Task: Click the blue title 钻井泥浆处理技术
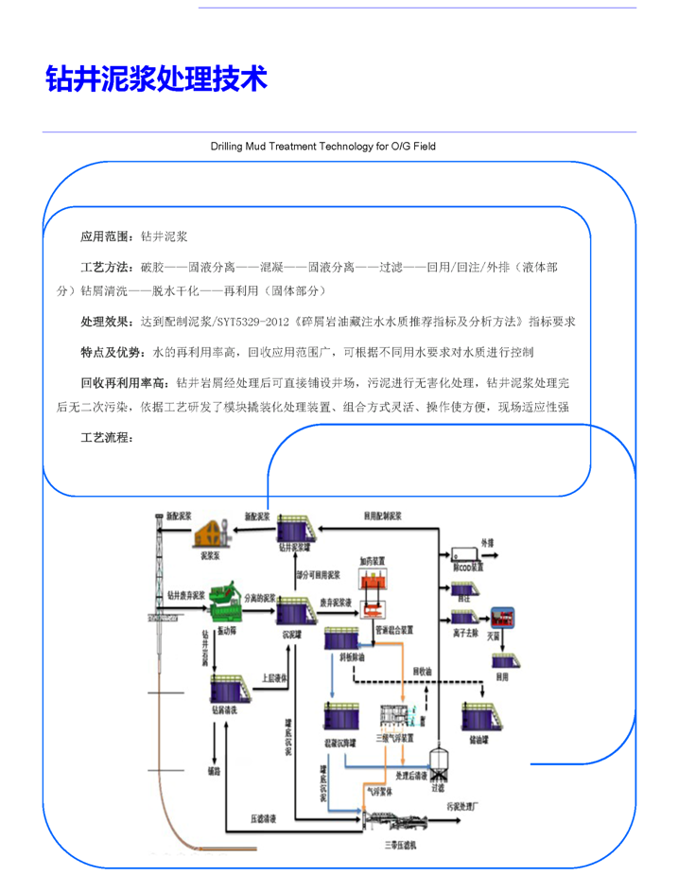157,79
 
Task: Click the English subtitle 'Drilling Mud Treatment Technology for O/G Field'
322,147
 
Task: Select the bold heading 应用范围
102,236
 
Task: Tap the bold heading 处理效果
102,322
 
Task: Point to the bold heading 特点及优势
108,353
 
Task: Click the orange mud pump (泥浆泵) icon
217,534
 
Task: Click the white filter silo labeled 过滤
437,761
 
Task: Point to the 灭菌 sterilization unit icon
500,617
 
